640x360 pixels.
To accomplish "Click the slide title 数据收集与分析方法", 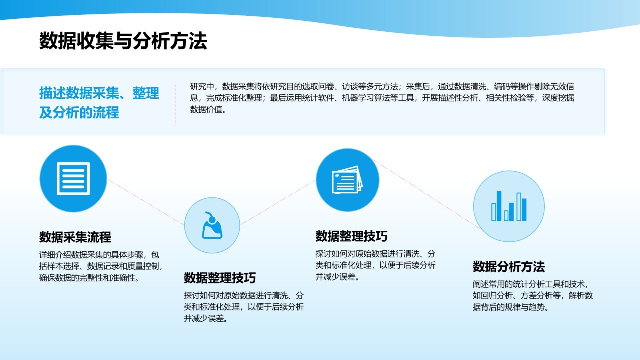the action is [x=123, y=41].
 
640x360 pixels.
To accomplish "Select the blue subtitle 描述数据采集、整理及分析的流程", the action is [x=99, y=102].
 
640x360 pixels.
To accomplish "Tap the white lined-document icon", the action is [x=73, y=179].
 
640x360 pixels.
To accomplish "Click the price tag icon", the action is [x=212, y=225].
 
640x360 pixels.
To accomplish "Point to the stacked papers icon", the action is [x=347, y=180].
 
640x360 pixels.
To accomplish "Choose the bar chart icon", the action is [x=509, y=206].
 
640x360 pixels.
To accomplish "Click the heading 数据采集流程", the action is [x=75, y=237].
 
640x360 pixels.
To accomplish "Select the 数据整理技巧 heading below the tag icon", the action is [x=219, y=278].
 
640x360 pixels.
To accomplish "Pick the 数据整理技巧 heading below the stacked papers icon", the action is [x=351, y=236].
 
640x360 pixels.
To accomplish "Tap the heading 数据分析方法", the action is [x=509, y=266].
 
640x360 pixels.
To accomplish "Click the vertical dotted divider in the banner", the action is [x=175, y=104].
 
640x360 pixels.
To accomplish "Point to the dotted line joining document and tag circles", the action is [x=145, y=202].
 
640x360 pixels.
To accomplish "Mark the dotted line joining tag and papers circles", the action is [x=278, y=202].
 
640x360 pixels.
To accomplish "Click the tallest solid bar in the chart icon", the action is [x=499, y=206].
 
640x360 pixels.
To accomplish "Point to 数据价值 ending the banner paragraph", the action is [x=206, y=109].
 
